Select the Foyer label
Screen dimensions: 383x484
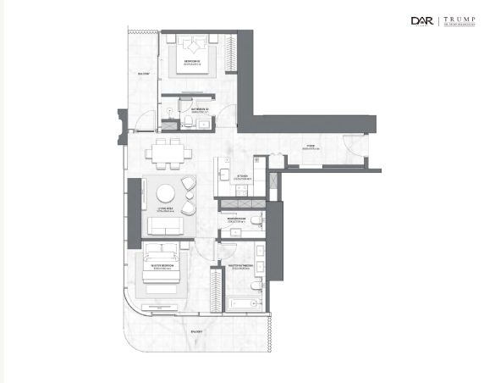click(311, 146)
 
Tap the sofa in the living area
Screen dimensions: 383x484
click(167, 225)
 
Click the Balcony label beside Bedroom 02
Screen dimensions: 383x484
click(144, 75)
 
